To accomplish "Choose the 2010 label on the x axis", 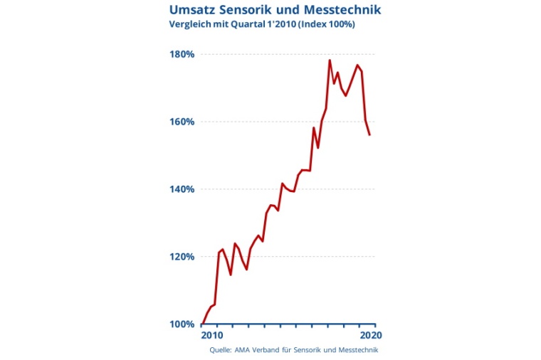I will point(211,334).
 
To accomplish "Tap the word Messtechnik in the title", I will point(342,10).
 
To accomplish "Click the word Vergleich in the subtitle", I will point(190,25).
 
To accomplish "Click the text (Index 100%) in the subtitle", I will point(327,25).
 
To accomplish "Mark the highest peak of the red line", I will point(330,60).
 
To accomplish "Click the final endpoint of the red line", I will point(369,134).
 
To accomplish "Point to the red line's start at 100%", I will point(202,324).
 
